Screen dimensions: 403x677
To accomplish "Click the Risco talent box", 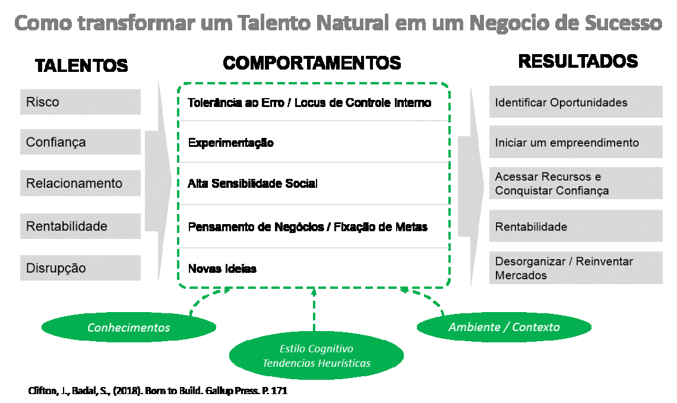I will [x=80, y=102].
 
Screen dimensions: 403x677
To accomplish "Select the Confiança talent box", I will [x=80, y=143].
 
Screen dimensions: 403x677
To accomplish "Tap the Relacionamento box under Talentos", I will [x=80, y=183].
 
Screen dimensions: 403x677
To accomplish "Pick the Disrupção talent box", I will [x=80, y=268].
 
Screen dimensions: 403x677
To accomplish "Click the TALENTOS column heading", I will [x=81, y=65].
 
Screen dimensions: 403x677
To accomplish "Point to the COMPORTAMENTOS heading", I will [x=312, y=63].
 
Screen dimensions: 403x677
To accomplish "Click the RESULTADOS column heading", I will [x=578, y=61].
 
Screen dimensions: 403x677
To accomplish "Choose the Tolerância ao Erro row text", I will [x=309, y=102].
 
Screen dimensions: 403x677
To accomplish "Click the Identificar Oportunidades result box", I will [x=575, y=102].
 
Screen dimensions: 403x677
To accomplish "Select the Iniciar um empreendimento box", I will [x=575, y=143].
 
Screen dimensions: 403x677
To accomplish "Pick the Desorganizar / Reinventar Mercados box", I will [x=575, y=268].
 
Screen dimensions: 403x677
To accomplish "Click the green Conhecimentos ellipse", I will [x=128, y=328].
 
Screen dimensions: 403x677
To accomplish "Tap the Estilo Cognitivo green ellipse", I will [x=316, y=355].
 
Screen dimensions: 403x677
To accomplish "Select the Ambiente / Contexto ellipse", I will [x=504, y=327].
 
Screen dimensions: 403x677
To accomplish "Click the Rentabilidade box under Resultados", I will [x=575, y=226].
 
